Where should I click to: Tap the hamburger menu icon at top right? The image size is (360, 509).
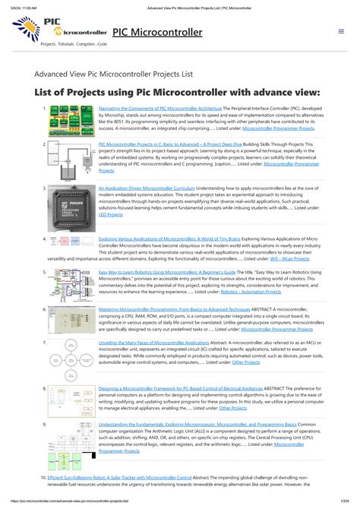pos(341,32)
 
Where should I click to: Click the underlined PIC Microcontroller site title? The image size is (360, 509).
pos(157,32)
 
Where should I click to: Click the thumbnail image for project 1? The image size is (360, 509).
pos(71,123)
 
